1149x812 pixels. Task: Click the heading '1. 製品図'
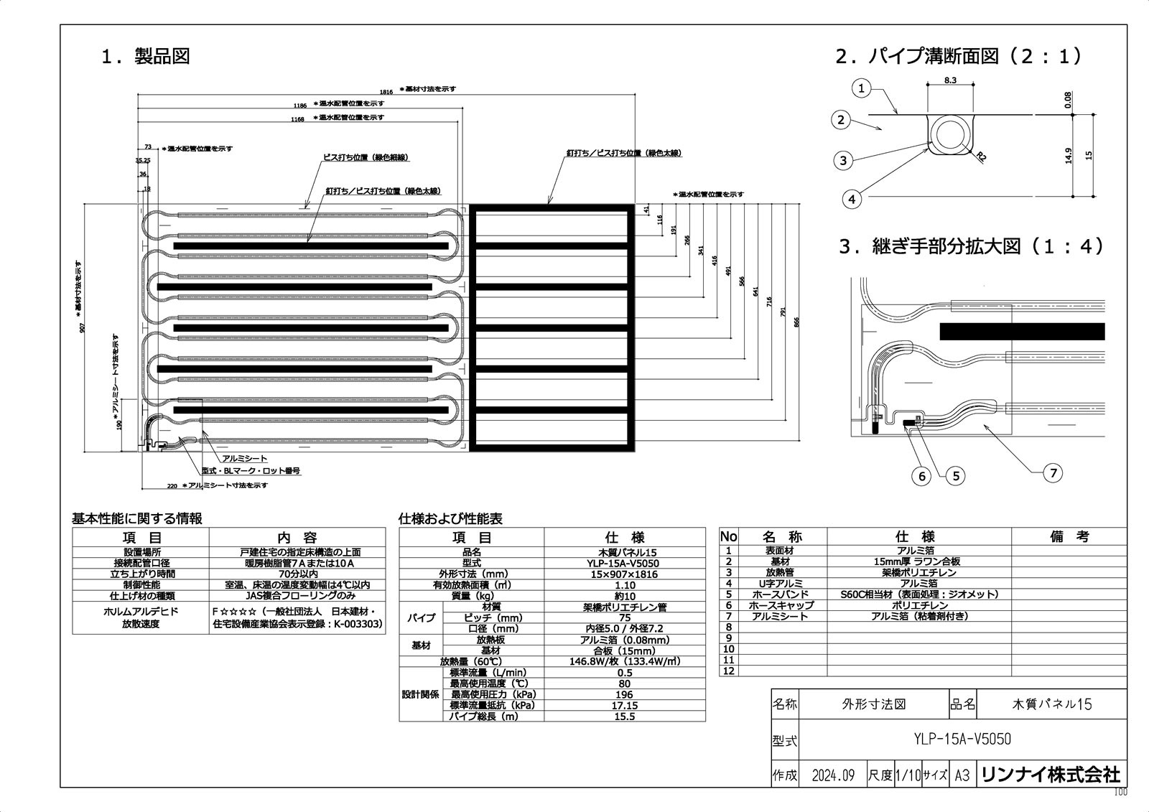(x=146, y=57)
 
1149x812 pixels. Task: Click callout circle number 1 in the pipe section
(x=862, y=89)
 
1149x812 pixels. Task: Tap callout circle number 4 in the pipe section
(x=852, y=199)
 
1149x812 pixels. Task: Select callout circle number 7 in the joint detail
(x=1053, y=472)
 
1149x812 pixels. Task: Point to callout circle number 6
(x=922, y=475)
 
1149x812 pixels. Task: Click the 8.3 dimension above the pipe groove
(x=949, y=80)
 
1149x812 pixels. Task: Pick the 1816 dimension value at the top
(x=386, y=91)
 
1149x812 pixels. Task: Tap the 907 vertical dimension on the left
(x=83, y=327)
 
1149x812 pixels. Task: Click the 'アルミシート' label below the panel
(x=244, y=459)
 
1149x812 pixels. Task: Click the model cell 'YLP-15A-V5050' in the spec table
(x=624, y=564)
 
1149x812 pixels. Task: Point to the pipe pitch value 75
(x=624, y=618)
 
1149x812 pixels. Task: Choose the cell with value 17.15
(x=624, y=706)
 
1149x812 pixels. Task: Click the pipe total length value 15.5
(x=624, y=717)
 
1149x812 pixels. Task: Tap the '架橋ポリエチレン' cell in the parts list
(x=918, y=573)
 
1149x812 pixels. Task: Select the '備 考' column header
(x=1069, y=536)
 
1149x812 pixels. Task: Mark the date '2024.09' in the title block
(x=833, y=775)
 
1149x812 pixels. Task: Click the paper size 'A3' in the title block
(x=962, y=775)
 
